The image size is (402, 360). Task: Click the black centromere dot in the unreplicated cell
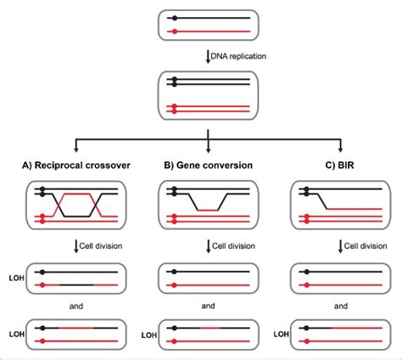coord(174,17)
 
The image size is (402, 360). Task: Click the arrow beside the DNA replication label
coord(208,56)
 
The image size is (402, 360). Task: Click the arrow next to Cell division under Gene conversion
coord(208,246)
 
